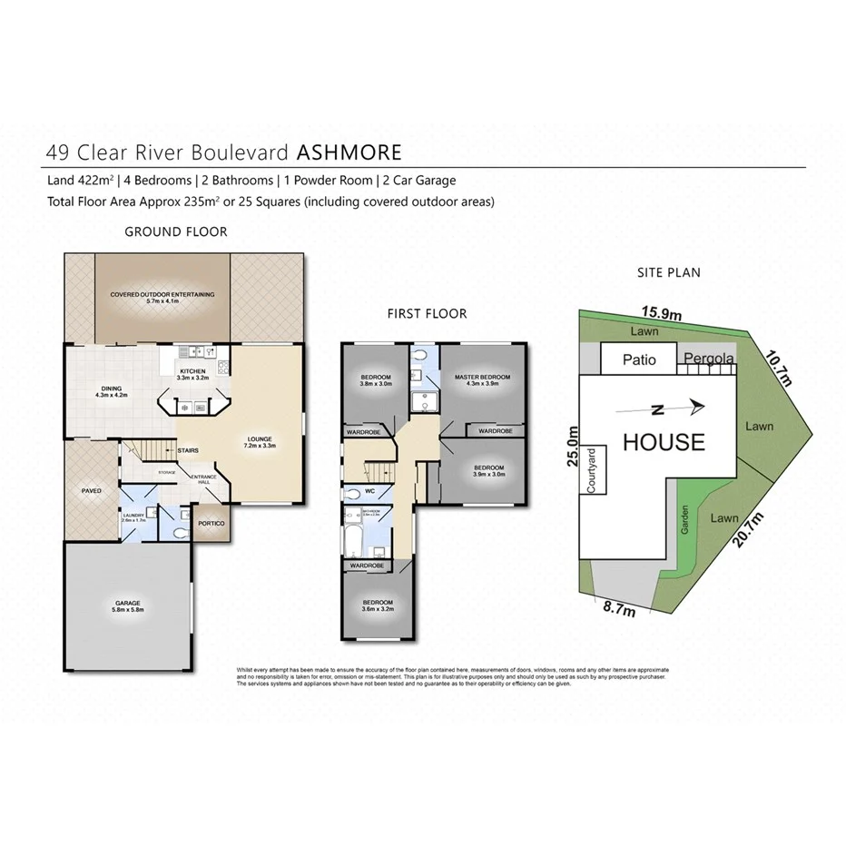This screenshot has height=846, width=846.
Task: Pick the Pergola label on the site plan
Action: click(x=708, y=359)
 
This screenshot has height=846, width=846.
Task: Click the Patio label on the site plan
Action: click(x=639, y=359)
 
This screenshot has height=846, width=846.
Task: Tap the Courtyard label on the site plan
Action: click(x=591, y=470)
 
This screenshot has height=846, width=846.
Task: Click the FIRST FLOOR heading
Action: click(x=427, y=314)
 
